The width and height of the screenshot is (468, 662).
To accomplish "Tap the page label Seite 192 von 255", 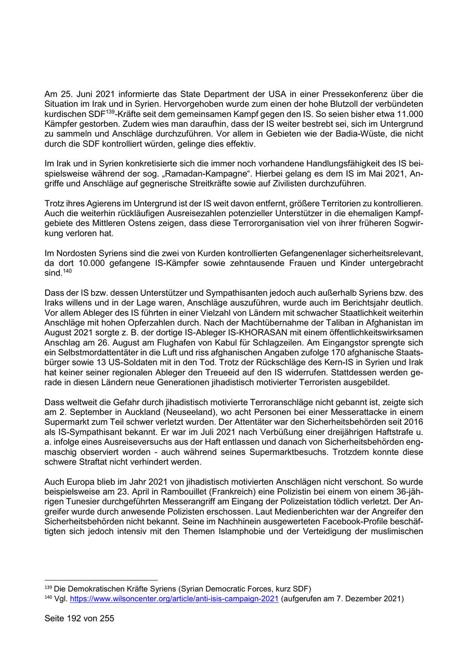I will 80,619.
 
